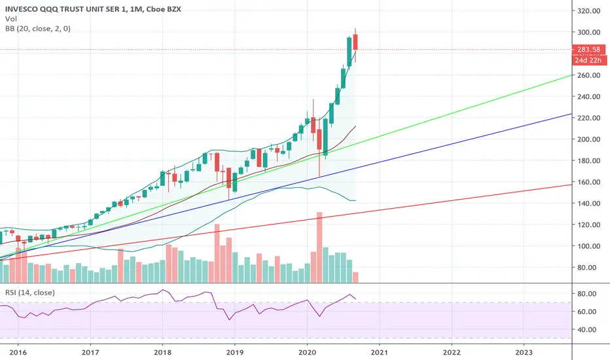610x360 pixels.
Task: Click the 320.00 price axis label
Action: pos(589,11)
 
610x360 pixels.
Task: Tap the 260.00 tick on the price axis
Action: pos(589,75)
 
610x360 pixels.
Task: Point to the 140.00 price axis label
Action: pos(589,204)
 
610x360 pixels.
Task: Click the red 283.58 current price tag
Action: pos(589,50)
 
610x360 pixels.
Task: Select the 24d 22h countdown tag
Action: pos(589,60)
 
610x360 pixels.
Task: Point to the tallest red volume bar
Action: pos(319,247)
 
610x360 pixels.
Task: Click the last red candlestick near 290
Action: pos(355,41)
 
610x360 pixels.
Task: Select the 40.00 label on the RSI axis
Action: pos(589,329)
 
